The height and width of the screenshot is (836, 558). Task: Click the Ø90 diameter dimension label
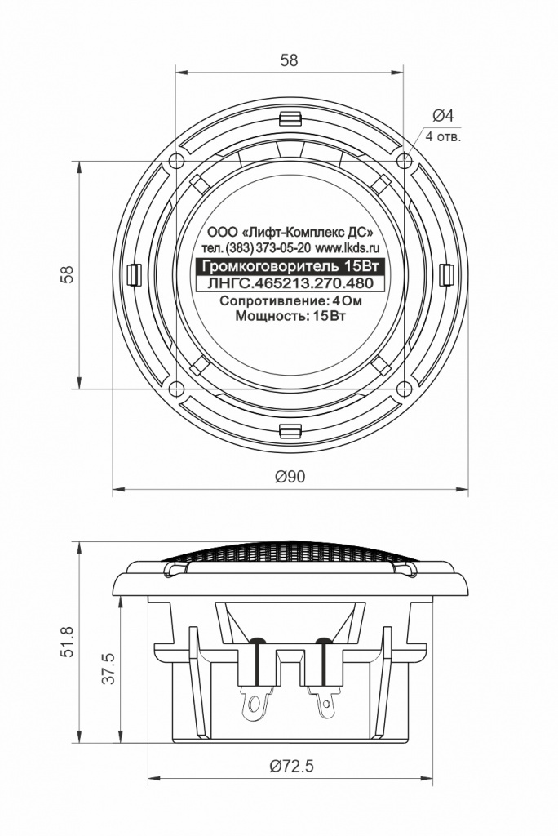click(x=290, y=476)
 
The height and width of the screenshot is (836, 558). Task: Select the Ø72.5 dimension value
click(x=291, y=766)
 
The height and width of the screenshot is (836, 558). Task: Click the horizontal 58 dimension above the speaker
click(x=289, y=60)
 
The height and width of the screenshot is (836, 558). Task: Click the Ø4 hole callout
click(x=442, y=114)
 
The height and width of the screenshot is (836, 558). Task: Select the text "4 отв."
click(x=443, y=137)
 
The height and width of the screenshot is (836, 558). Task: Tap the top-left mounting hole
click(x=176, y=161)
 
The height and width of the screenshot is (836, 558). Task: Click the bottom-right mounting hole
click(x=404, y=389)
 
